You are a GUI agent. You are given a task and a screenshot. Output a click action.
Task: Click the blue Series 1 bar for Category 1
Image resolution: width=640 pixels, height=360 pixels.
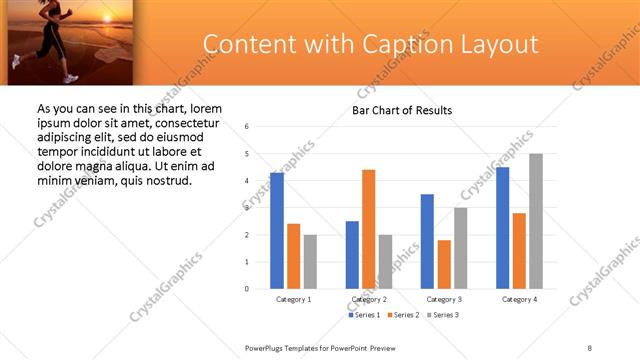coord(277,231)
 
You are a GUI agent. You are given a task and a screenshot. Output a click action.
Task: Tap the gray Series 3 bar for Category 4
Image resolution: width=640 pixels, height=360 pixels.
coord(536,221)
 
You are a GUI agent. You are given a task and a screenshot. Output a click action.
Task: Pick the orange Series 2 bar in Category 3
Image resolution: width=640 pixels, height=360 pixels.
coord(444,264)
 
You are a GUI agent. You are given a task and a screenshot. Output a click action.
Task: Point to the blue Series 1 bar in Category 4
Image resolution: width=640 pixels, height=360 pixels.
coord(502,228)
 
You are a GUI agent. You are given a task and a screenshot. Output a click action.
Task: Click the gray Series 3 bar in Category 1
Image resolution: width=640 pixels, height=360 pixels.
coord(310,262)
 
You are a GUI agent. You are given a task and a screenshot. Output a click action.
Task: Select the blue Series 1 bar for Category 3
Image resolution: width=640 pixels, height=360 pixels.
coord(427,241)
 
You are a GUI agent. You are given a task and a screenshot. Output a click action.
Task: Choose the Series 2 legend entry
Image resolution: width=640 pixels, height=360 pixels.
coord(402,315)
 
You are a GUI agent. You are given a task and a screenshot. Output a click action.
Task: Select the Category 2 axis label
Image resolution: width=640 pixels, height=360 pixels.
coord(369,299)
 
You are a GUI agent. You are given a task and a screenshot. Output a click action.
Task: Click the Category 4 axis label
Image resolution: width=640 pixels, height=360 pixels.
coord(519,299)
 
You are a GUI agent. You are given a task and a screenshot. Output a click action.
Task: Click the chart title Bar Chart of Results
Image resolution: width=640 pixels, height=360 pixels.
coord(402,110)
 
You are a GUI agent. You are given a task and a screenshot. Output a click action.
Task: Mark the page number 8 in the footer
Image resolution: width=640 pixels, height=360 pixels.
coord(590,347)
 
